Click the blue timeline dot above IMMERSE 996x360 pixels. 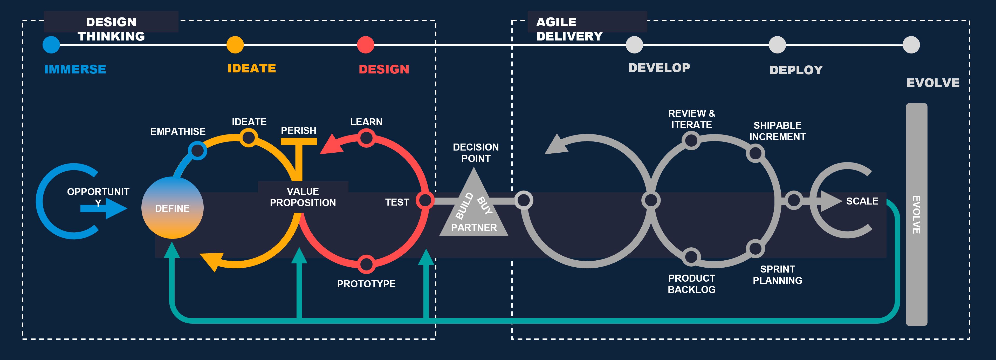[x=51, y=45]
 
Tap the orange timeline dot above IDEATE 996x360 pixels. [x=235, y=45]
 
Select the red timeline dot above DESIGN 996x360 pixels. [x=365, y=45]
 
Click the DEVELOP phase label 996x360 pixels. [x=659, y=68]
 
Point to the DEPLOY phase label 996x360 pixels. [x=796, y=70]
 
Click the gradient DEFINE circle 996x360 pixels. [x=173, y=208]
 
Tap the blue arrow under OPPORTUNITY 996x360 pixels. [x=104, y=208]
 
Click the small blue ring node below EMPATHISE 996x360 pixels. [x=198, y=151]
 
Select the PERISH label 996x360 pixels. [x=299, y=131]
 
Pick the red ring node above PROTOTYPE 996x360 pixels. [x=366, y=264]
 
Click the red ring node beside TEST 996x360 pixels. [x=425, y=200]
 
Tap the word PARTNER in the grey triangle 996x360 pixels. [x=474, y=227]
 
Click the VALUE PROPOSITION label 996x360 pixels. [x=303, y=197]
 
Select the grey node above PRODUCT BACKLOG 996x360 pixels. [x=691, y=256]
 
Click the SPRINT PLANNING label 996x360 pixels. [x=778, y=275]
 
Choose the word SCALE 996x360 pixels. [x=862, y=201]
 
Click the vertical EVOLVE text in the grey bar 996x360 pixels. [x=916, y=215]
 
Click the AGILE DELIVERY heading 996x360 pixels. [x=569, y=29]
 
